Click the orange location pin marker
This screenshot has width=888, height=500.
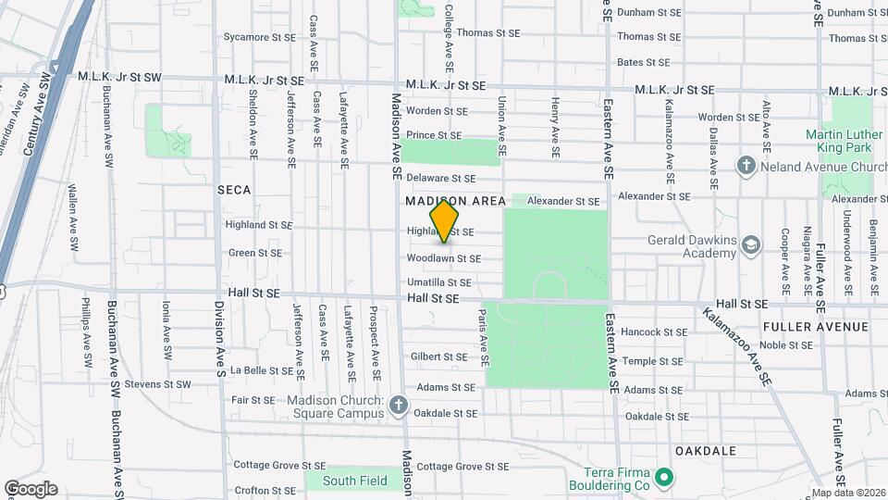(445, 220)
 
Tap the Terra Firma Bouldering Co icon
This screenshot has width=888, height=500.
(663, 479)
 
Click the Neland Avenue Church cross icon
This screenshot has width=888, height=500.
(746, 166)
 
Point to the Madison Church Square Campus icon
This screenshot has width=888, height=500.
(399, 406)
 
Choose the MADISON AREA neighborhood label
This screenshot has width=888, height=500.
(456, 201)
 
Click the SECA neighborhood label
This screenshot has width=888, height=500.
(234, 189)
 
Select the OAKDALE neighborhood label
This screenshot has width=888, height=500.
(706, 451)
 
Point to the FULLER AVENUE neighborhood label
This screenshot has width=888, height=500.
(816, 327)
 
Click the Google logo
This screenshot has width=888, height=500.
(31, 489)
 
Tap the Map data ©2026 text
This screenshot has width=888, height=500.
(846, 493)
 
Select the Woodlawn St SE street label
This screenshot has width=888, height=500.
(444, 259)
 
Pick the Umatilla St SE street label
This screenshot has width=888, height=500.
(439, 282)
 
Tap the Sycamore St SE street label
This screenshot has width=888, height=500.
(258, 38)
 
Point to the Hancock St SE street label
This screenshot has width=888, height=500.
(654, 331)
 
